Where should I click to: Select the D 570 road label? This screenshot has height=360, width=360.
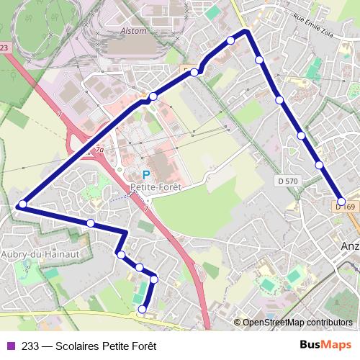pyautogui.click(x=287, y=181)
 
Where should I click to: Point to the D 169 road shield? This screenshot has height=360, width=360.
pyautogui.click(x=346, y=207)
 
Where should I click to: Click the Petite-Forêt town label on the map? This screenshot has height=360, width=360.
pyautogui.click(x=155, y=186)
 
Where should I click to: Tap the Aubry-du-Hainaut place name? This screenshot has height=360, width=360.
pyautogui.click(x=39, y=254)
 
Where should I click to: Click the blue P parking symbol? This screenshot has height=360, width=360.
pyautogui.click(x=145, y=174)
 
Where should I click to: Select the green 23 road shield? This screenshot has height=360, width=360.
pyautogui.click(x=5, y=48)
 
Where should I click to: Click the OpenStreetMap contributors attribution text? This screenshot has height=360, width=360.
pyautogui.click(x=297, y=323)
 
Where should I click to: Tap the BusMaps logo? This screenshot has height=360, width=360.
pyautogui.click(x=326, y=345)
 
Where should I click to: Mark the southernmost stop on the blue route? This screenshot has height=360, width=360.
pyautogui.click(x=142, y=309)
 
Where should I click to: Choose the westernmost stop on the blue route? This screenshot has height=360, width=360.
pyautogui.click(x=22, y=204)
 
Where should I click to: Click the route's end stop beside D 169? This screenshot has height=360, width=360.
pyautogui.click(x=342, y=202)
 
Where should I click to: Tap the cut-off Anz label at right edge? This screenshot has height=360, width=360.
pyautogui.click(x=350, y=245)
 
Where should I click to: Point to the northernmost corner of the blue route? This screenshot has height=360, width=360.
pyautogui.click(x=246, y=31)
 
